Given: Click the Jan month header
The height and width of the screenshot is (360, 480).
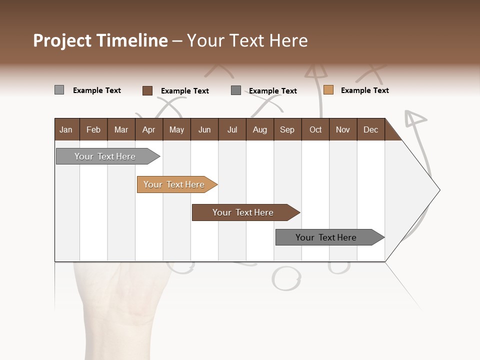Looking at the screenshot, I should click(x=66, y=129).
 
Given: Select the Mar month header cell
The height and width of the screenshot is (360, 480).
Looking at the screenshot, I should click(x=121, y=129).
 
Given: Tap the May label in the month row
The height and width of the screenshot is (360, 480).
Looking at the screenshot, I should click(x=176, y=129).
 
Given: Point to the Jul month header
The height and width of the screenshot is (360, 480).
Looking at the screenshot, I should click(x=232, y=129).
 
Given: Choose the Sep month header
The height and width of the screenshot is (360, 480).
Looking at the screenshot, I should click(x=287, y=129).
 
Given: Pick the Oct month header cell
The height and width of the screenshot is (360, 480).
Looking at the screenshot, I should click(x=315, y=129).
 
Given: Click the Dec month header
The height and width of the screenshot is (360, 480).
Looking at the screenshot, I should click(x=370, y=129).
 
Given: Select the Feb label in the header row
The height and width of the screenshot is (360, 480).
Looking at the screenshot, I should click(x=93, y=129).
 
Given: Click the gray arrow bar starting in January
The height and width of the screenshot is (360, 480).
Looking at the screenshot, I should click(x=105, y=156).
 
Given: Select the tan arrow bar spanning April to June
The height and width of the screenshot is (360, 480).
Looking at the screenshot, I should click(x=174, y=184).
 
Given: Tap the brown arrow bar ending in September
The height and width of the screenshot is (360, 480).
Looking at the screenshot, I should click(x=243, y=212).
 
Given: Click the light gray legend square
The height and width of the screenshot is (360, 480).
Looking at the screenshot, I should click(x=59, y=90).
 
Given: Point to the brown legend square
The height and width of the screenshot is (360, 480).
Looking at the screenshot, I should click(x=147, y=90).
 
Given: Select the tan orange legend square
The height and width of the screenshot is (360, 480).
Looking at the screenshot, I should click(x=328, y=90).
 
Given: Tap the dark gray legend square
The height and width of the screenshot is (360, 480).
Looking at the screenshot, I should click(x=236, y=90).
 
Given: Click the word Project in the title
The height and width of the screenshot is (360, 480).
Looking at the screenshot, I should click(x=62, y=40).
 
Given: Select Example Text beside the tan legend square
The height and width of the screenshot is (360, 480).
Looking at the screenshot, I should click(x=364, y=90).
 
